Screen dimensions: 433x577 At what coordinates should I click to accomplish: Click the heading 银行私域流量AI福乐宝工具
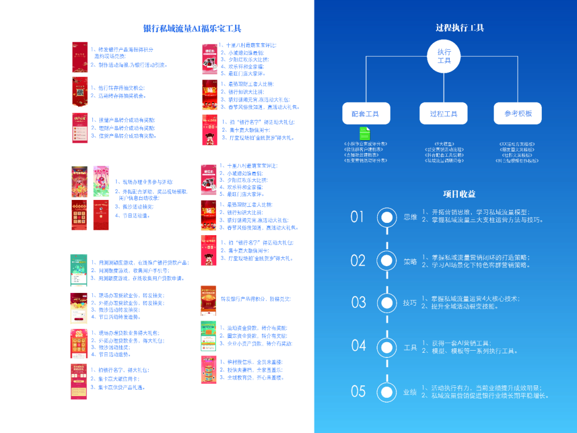192,28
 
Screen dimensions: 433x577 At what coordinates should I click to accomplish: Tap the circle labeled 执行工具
444,56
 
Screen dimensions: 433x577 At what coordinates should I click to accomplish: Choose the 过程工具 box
443,114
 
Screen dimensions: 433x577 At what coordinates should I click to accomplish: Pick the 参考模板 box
518,114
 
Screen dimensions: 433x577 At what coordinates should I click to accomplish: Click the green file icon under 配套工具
365,133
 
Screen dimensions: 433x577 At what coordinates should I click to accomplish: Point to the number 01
357,216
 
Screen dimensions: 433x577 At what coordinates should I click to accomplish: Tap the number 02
358,260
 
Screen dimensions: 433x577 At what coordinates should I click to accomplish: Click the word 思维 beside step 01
410,217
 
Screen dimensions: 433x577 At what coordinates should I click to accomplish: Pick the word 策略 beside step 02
410,261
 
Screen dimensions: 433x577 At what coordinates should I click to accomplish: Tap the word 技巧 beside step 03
410,303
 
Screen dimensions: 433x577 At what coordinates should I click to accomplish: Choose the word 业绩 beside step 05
410,392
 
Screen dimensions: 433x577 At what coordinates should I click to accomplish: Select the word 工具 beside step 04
410,347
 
